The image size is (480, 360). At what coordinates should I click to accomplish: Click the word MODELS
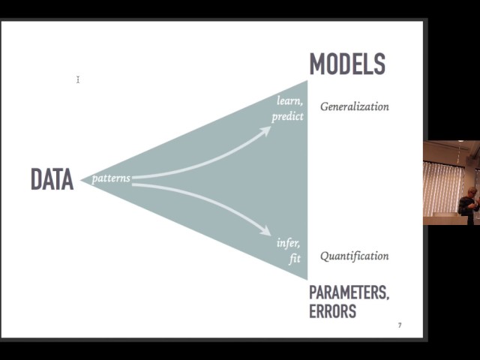(x=347, y=64)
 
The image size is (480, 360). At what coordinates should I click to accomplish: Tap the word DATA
(x=52, y=179)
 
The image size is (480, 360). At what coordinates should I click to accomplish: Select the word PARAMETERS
(x=349, y=292)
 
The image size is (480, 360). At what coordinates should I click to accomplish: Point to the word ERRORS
(x=332, y=311)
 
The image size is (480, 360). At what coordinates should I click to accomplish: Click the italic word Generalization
(x=355, y=106)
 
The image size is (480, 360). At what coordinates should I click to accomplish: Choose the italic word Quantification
(x=355, y=256)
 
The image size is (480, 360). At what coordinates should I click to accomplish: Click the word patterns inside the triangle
(x=111, y=178)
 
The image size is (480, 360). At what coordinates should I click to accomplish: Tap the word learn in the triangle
(x=289, y=100)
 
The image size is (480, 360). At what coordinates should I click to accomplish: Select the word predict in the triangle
(x=287, y=117)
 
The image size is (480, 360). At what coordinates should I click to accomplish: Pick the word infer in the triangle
(x=288, y=243)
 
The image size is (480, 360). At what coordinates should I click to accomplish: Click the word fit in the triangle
(x=295, y=259)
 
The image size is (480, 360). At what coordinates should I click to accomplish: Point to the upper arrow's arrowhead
(x=265, y=130)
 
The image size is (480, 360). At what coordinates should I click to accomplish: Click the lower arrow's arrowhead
(x=265, y=230)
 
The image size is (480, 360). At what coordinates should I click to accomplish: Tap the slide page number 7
(x=400, y=325)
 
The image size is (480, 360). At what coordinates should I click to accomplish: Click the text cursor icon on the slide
(x=78, y=79)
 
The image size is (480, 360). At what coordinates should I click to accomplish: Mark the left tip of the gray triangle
(x=80, y=180)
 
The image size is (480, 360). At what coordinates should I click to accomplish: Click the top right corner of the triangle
(x=307, y=80)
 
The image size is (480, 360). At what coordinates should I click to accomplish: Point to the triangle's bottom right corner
(x=307, y=280)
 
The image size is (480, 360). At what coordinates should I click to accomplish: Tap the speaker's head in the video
(x=472, y=192)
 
